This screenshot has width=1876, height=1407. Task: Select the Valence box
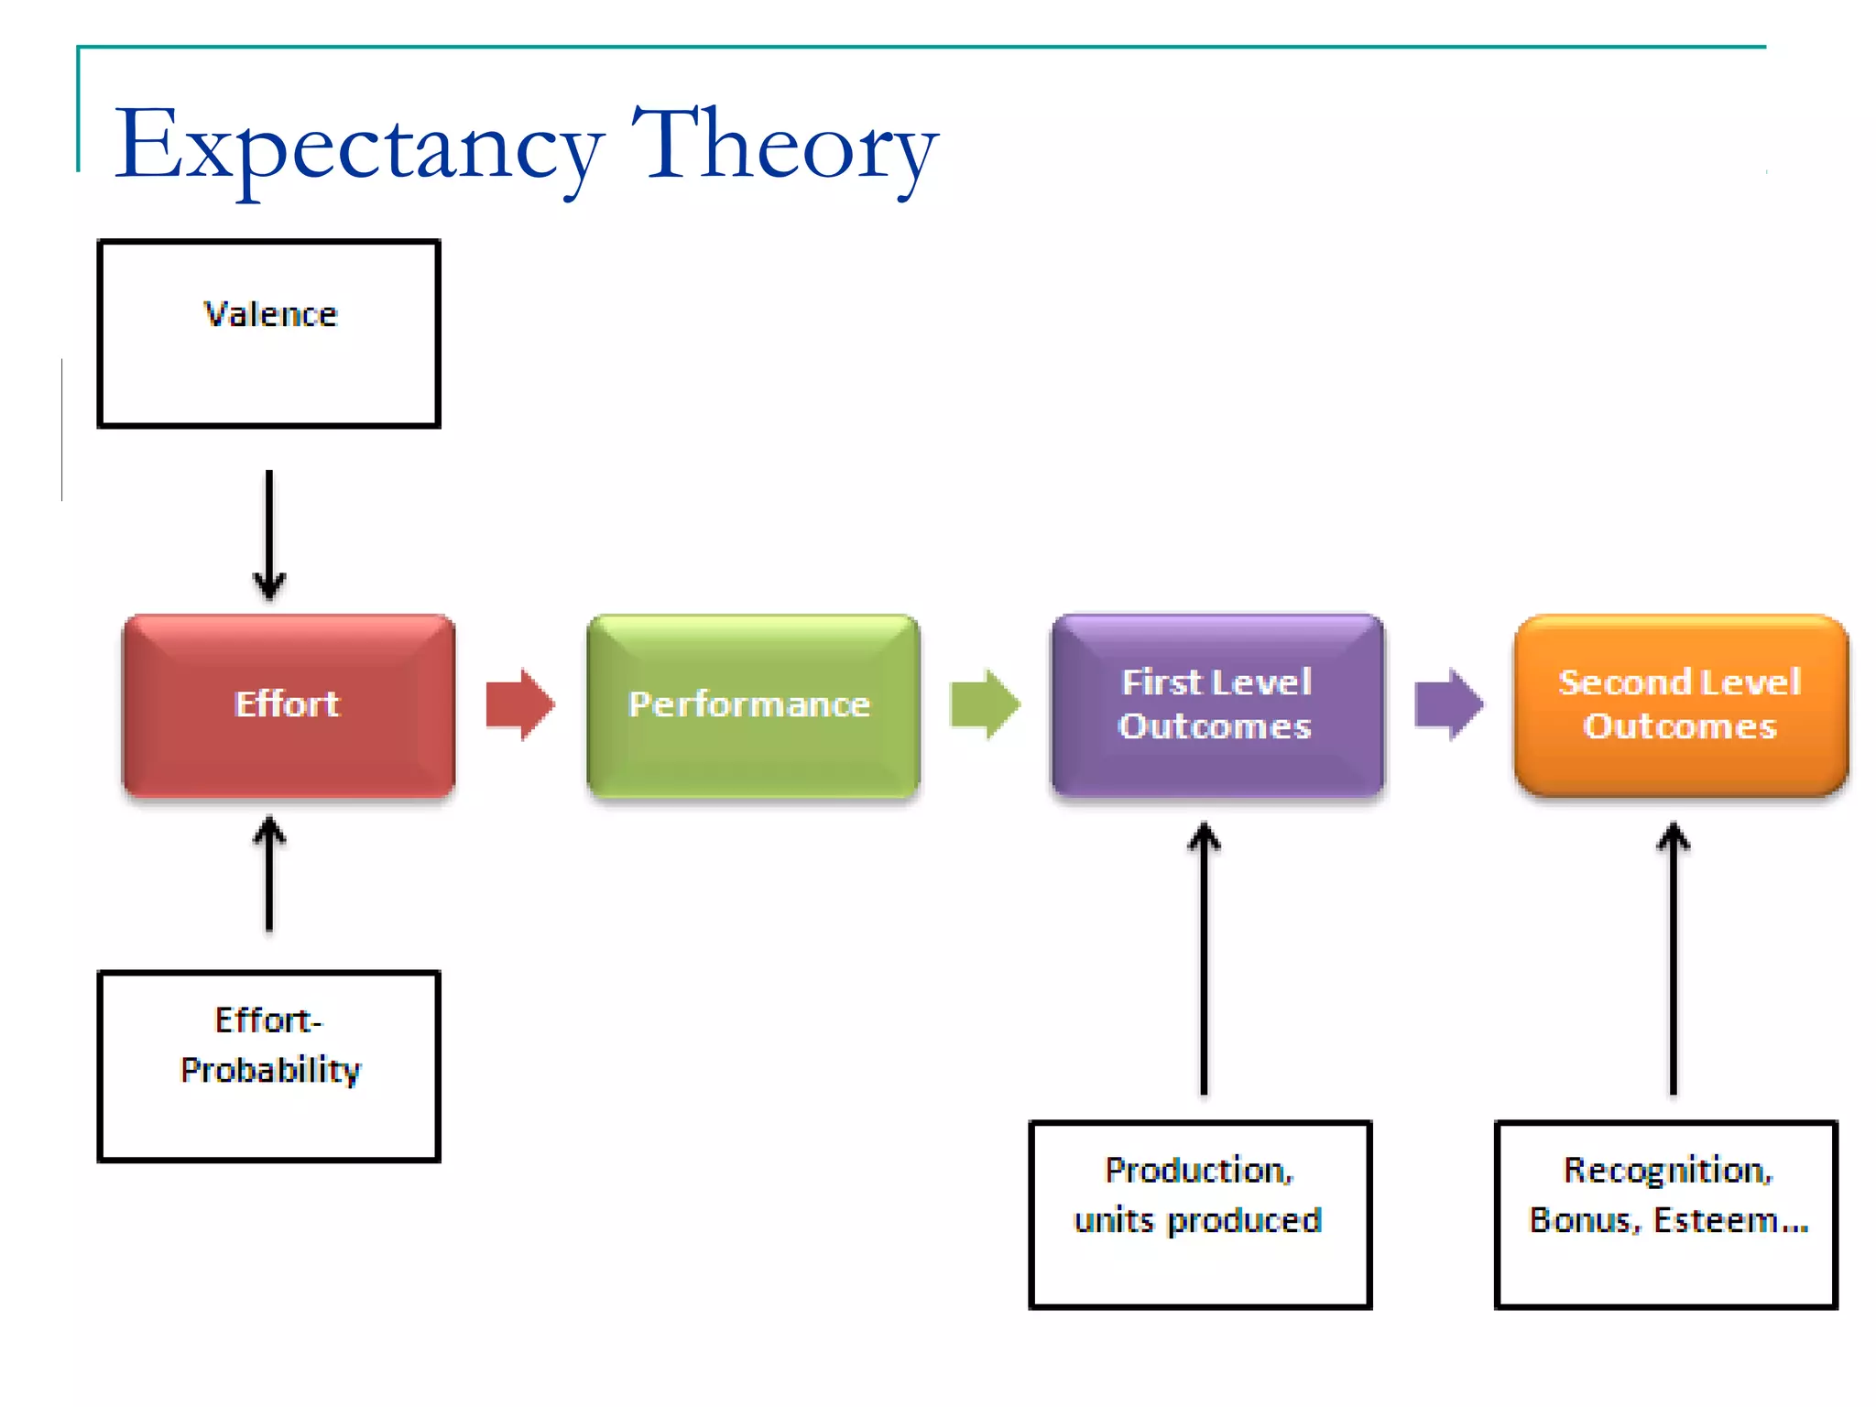pyautogui.click(x=268, y=334)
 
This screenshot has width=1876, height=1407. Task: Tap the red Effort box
pyautogui.click(x=289, y=704)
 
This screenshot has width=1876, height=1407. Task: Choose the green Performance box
pyautogui.click(x=752, y=704)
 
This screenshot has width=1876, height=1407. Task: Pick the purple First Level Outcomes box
pyautogui.click(x=1216, y=704)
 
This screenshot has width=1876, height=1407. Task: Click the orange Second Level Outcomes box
pyautogui.click(x=1680, y=704)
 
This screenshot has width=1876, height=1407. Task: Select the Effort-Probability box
pyautogui.click(x=268, y=1066)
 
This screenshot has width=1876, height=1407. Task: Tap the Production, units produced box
pyautogui.click(x=1199, y=1215)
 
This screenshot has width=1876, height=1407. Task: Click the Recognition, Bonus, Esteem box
pyautogui.click(x=1665, y=1215)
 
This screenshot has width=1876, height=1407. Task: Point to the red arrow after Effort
pyautogui.click(x=519, y=704)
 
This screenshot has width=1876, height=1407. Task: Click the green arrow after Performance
pyautogui.click(x=985, y=704)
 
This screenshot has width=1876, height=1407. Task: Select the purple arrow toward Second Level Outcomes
pyautogui.click(x=1448, y=704)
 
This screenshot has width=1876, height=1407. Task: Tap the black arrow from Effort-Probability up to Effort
pyautogui.click(x=269, y=875)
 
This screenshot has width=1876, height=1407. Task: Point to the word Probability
pyautogui.click(x=271, y=1070)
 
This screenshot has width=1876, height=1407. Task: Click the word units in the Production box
pyautogui.click(x=1113, y=1221)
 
